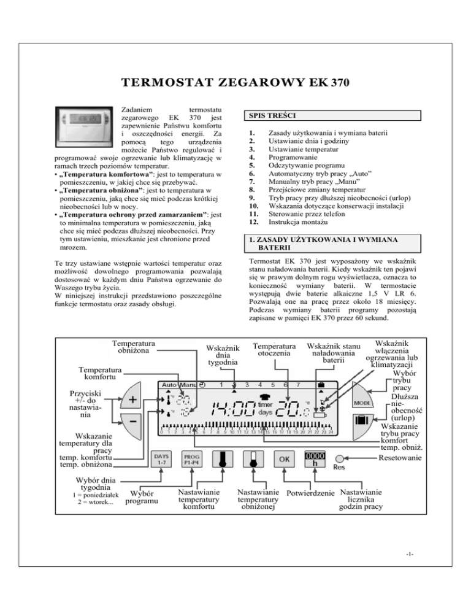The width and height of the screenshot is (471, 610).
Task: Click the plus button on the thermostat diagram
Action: coord(134,400)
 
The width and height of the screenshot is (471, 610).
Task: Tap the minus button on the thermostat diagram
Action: coord(134,423)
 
